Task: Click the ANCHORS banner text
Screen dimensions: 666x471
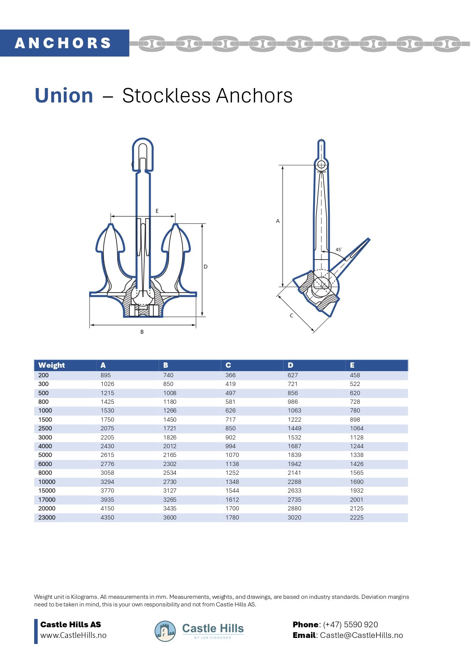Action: point(63,43)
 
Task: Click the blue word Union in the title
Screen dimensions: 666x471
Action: point(64,96)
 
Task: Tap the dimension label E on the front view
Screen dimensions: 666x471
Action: point(157,211)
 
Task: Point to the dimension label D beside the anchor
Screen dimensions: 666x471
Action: point(205,267)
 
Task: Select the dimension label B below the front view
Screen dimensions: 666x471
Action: point(142,332)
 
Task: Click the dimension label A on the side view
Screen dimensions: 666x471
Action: point(278,221)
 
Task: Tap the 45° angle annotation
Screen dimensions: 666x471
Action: point(339,249)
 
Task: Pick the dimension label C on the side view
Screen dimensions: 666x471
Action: point(291,315)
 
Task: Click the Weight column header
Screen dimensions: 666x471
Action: point(52,365)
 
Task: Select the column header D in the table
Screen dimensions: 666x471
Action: point(290,365)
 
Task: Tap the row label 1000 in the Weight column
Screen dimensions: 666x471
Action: point(45,411)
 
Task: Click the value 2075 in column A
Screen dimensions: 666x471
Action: point(107,428)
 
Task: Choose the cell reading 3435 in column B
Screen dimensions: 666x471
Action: point(170,509)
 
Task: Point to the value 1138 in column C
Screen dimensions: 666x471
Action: point(232,464)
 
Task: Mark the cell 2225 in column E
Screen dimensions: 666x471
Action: point(356,518)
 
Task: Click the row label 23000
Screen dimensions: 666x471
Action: point(47,518)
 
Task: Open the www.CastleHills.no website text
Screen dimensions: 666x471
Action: point(73,635)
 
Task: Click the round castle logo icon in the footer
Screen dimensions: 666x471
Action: point(165,631)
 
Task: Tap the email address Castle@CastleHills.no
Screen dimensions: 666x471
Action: point(361,635)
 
